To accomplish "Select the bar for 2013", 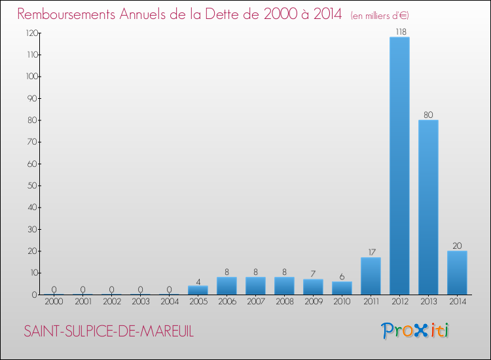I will (x=428, y=207).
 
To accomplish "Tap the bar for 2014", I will (x=457, y=272).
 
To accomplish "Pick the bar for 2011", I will (x=371, y=276).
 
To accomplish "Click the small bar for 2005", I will (x=198, y=290).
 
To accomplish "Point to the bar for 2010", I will (x=342, y=288).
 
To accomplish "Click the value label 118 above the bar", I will (x=399, y=31).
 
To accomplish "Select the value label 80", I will (x=428, y=115).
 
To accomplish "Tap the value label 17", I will (x=371, y=251).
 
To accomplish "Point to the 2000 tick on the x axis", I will (x=54, y=302).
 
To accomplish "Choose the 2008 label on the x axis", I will (x=284, y=302).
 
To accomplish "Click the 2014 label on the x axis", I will (x=457, y=302).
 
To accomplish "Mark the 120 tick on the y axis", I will (x=30, y=33).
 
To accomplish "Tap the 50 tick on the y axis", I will (x=32, y=185).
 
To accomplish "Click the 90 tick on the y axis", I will (x=32, y=98).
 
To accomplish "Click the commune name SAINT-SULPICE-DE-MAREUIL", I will (x=109, y=331).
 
